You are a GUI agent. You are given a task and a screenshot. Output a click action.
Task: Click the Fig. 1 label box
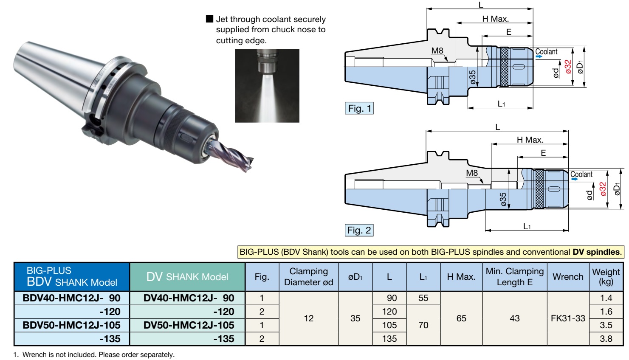[359, 108]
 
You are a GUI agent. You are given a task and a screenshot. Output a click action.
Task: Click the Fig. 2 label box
[359, 230]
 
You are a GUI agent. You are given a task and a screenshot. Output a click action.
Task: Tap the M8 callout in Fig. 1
[437, 51]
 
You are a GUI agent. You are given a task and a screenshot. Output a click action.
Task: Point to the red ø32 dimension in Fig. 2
[603, 189]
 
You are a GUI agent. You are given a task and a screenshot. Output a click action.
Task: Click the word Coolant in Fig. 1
[546, 52]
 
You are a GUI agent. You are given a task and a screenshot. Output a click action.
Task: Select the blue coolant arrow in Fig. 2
[575, 179]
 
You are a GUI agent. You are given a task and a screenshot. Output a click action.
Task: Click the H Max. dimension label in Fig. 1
[496, 19]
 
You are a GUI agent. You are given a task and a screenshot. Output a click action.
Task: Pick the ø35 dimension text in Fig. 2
[503, 199]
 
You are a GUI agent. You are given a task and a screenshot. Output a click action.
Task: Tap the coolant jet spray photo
[267, 86]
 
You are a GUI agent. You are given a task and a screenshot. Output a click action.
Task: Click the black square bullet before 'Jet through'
[209, 19]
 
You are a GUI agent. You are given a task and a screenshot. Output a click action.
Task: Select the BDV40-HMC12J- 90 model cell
[72, 298]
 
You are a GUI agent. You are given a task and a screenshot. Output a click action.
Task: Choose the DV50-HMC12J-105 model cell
[188, 325]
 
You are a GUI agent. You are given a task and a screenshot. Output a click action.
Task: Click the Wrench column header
[568, 277]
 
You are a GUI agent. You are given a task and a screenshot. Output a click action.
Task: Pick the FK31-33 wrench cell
[568, 318]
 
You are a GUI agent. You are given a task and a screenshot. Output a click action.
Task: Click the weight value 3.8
[606, 339]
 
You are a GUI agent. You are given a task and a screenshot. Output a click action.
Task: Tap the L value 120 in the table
[389, 312]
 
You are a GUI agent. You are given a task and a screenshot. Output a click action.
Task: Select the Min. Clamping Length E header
[515, 277]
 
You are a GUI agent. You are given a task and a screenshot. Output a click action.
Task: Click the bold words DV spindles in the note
[596, 252]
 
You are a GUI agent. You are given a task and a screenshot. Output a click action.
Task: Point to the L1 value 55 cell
[423, 298]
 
